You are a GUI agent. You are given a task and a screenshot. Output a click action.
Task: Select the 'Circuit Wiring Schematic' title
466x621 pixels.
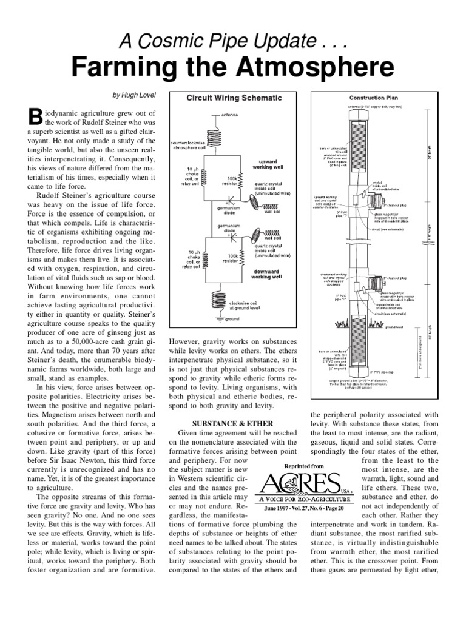[x=234, y=97]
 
